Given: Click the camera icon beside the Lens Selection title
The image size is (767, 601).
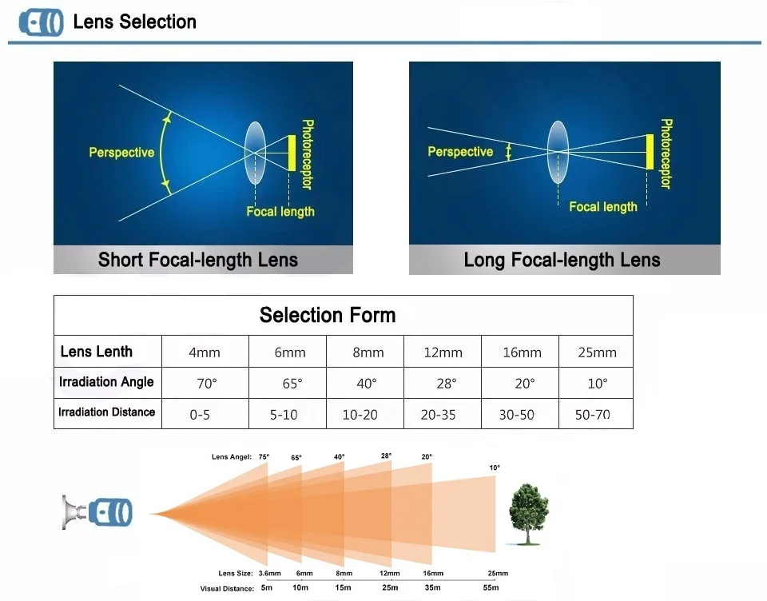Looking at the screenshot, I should point(41,22).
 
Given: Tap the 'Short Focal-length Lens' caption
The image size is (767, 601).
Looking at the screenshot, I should point(197,260).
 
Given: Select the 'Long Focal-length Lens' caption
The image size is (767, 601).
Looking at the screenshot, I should point(562,260).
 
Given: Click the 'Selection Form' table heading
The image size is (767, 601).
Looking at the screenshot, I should point(328,315).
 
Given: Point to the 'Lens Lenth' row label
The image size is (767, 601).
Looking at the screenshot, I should point(97,352).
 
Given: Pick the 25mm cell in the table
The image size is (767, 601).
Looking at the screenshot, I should point(597,352).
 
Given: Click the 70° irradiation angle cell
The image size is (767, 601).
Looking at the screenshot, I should point(206,384).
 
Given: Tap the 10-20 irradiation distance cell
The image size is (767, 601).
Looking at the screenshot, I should point(360,414).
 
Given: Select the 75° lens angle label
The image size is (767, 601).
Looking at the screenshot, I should point(264,457).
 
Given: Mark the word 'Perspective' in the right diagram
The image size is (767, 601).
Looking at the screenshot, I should point(460,152).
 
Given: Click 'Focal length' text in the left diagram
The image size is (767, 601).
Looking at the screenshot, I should point(280,212).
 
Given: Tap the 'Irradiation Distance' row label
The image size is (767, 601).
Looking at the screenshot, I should point(106,412).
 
